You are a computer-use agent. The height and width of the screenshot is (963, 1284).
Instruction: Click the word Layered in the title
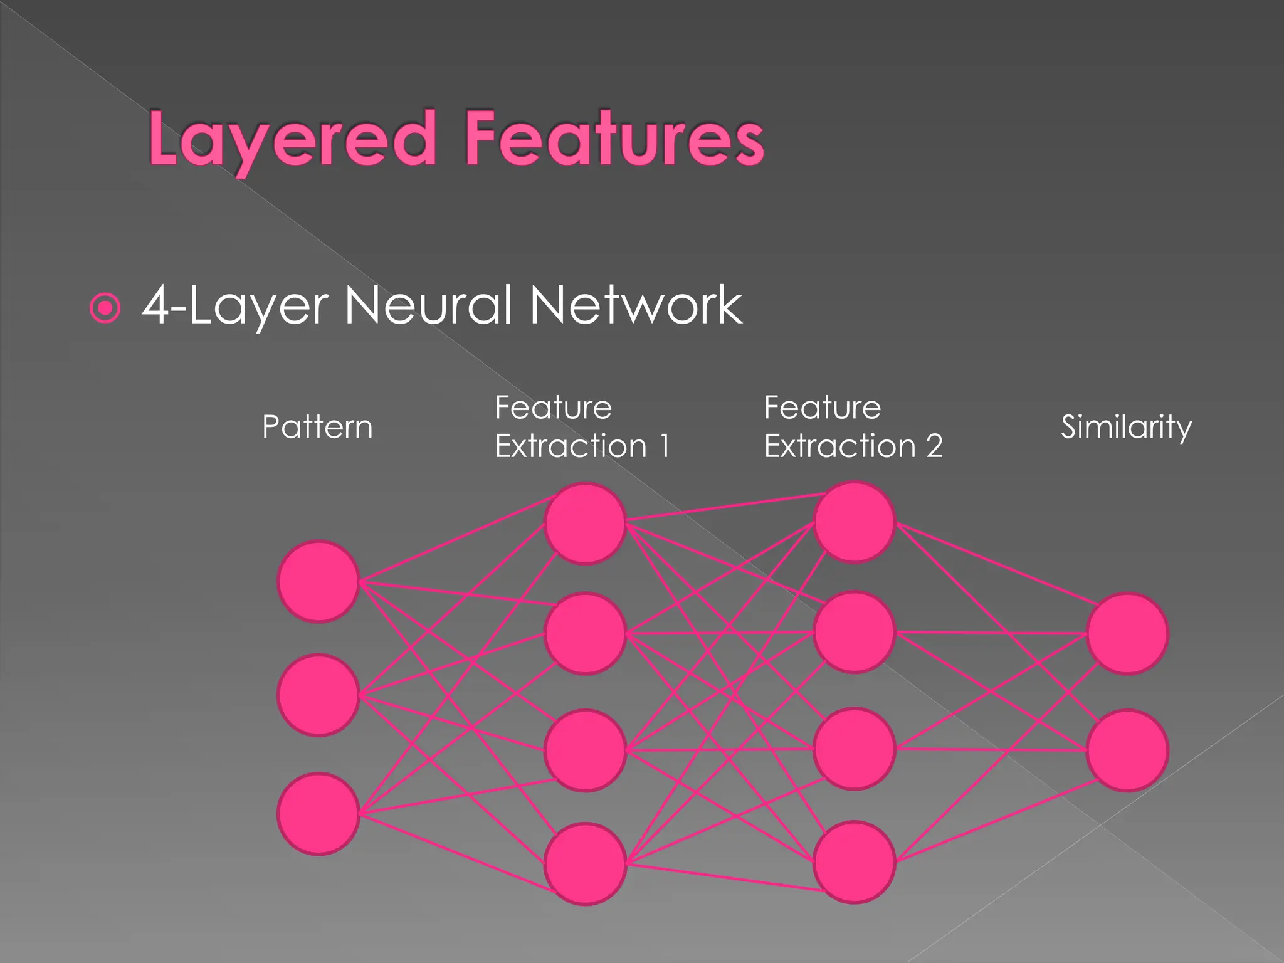point(292,139)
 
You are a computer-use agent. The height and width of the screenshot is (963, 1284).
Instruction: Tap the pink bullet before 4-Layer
point(105,308)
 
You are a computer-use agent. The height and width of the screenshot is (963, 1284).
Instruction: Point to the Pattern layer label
point(317,427)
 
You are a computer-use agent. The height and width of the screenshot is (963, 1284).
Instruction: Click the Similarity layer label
point(1126,427)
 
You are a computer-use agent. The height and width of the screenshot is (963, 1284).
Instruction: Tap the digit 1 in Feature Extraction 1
point(665,446)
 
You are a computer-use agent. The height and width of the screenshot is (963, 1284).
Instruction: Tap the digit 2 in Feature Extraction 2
point(934,446)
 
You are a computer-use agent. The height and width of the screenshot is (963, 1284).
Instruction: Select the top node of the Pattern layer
point(318,581)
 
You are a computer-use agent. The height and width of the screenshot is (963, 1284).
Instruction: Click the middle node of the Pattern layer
point(318,695)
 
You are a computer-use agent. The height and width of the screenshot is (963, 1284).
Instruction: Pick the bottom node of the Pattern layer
point(318,813)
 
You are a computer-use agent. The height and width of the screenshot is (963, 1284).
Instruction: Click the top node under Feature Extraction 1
point(585,523)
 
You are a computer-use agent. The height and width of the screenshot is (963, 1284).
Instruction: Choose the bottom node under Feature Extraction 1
point(585,863)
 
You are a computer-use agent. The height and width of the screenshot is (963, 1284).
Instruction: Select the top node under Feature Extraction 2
point(854,522)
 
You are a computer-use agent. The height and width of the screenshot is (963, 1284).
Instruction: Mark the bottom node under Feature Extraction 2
point(854,862)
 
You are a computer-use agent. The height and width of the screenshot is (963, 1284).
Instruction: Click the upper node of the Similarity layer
point(1127,634)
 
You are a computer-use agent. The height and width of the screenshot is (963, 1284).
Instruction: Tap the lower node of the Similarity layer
point(1127,750)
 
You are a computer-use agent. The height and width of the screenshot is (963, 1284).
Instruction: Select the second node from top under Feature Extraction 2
point(854,633)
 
